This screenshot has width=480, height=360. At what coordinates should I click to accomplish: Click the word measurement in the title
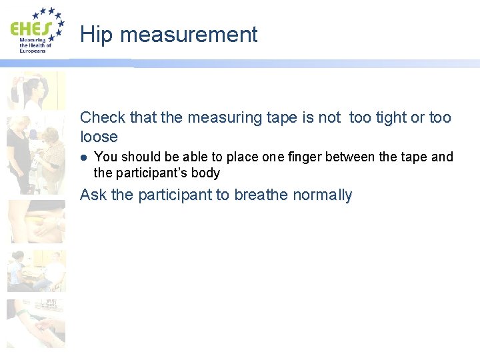coord(189,35)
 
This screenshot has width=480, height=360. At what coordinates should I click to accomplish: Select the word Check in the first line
coord(103,118)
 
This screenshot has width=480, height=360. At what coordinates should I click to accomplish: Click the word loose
coord(99,137)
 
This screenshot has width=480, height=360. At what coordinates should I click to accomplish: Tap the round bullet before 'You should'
coord(83,158)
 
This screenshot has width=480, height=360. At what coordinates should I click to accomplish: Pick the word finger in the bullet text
coord(307,157)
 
